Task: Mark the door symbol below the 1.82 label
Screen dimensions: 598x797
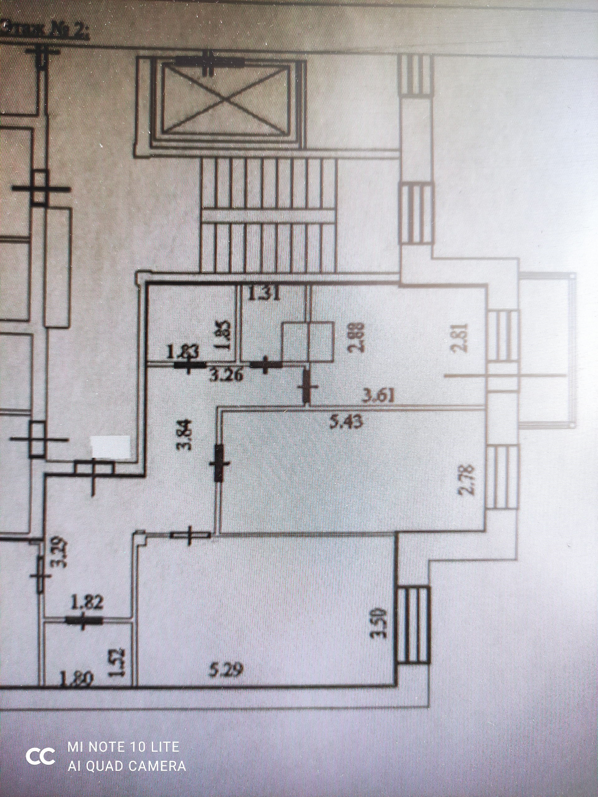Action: tap(83, 620)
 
